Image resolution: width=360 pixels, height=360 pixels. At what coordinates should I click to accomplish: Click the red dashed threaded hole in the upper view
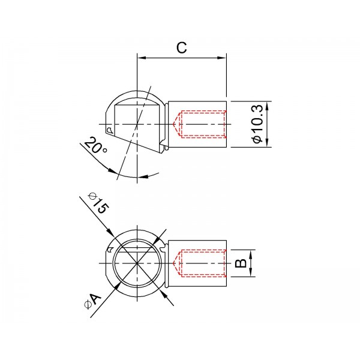pos(200,124)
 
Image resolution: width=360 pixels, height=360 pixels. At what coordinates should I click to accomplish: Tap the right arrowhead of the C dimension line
pos(223,58)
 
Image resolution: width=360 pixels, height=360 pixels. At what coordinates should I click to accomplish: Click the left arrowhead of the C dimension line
pos(142,58)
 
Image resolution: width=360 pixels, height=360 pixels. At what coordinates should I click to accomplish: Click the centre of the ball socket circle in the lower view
pos(137,264)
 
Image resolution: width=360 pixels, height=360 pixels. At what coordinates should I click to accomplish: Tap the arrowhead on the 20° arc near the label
pos(115,172)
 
